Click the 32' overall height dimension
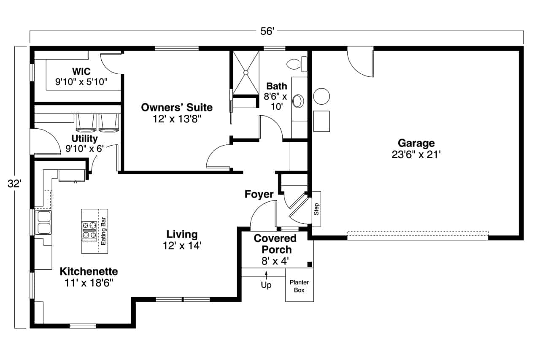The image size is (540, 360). pos(14,184)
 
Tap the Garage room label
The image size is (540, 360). pos(416,143)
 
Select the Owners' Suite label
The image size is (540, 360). pos(177,107)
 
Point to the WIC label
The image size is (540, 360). pos(81,71)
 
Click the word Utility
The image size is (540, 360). pos(84,138)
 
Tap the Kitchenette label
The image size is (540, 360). pos(89,271)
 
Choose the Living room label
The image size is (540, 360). pos(181,234)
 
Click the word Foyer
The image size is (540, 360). pos(259,194)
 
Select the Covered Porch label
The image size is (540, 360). pos(275,244)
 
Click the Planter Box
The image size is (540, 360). pos(300,287)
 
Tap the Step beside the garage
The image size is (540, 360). pos(316,209)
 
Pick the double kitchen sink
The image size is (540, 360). pos(43,223)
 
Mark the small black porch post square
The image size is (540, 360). pos(309,264)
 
